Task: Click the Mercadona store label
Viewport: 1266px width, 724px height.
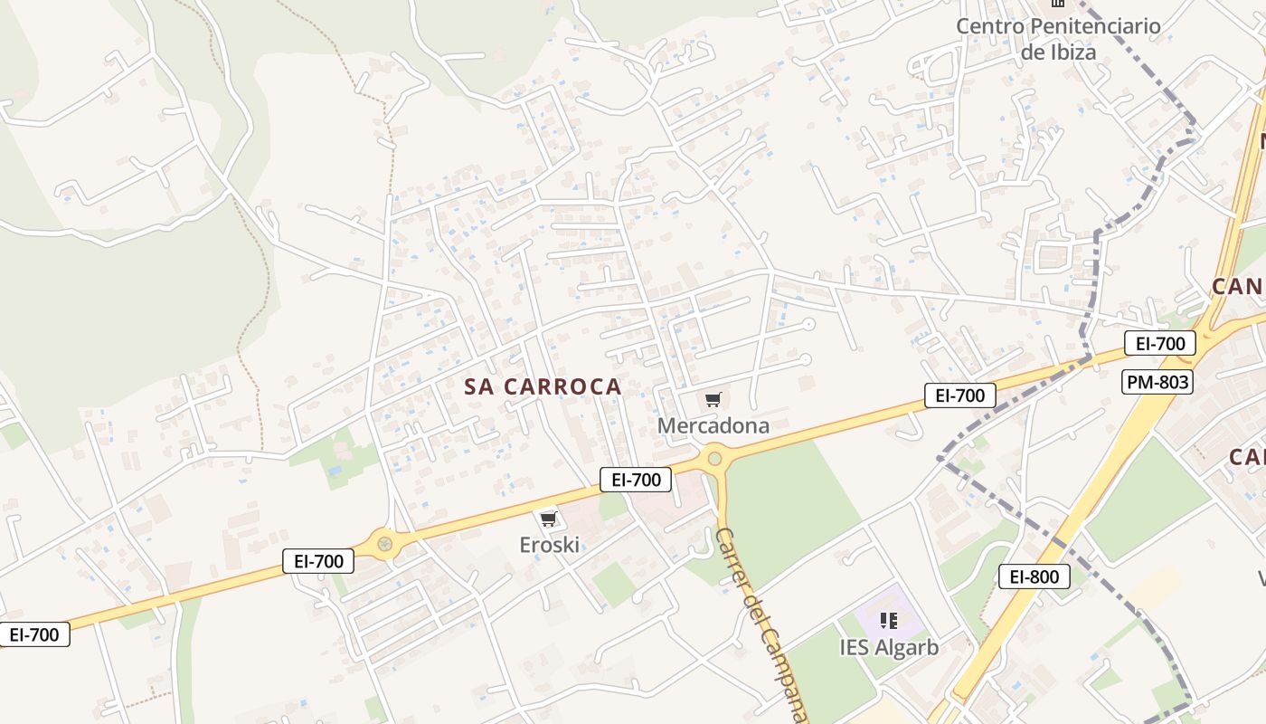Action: point(713,425)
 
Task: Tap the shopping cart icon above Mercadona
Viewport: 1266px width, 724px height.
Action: point(713,399)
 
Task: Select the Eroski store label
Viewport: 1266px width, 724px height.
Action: point(549,545)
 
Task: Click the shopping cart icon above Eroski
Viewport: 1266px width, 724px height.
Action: point(548,519)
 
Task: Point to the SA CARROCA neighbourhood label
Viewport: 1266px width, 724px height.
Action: point(543,386)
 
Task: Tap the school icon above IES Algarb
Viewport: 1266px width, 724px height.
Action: point(889,621)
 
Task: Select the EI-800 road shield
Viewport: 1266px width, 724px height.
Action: point(1035,576)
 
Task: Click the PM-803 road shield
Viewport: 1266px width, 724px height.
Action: point(1157,382)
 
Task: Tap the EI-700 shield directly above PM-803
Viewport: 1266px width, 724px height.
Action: point(1160,343)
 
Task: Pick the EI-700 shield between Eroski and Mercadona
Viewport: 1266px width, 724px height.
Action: point(636,480)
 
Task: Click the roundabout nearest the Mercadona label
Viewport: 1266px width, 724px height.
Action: point(715,458)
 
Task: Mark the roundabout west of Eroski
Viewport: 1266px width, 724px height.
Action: point(385,544)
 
